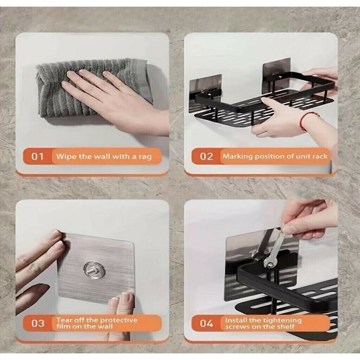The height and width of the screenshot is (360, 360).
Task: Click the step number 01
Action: (x=37, y=156)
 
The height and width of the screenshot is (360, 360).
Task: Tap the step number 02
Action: (x=206, y=156)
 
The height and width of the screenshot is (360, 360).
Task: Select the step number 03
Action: (x=38, y=323)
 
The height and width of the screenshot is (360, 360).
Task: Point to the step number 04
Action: (x=206, y=323)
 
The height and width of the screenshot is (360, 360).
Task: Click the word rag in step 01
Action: (x=145, y=157)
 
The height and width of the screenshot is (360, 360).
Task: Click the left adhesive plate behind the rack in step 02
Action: (x=205, y=93)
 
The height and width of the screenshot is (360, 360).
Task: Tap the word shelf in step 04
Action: (x=286, y=327)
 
